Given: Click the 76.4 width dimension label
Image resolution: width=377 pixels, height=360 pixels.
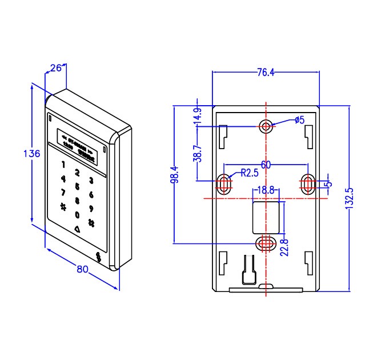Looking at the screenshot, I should coord(266,73).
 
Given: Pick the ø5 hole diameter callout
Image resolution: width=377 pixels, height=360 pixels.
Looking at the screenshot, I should coord(300,120).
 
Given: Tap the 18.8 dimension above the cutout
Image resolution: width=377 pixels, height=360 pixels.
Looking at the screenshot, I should coord(266,190).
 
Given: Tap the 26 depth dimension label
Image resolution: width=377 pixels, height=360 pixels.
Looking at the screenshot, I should coord(56,69).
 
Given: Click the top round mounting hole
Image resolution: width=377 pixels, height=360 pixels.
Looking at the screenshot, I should coord(266,126).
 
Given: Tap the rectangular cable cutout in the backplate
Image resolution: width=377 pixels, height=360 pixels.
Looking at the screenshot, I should coord(266,217).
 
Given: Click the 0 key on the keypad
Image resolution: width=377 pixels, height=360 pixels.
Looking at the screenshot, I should coord(77,215).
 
